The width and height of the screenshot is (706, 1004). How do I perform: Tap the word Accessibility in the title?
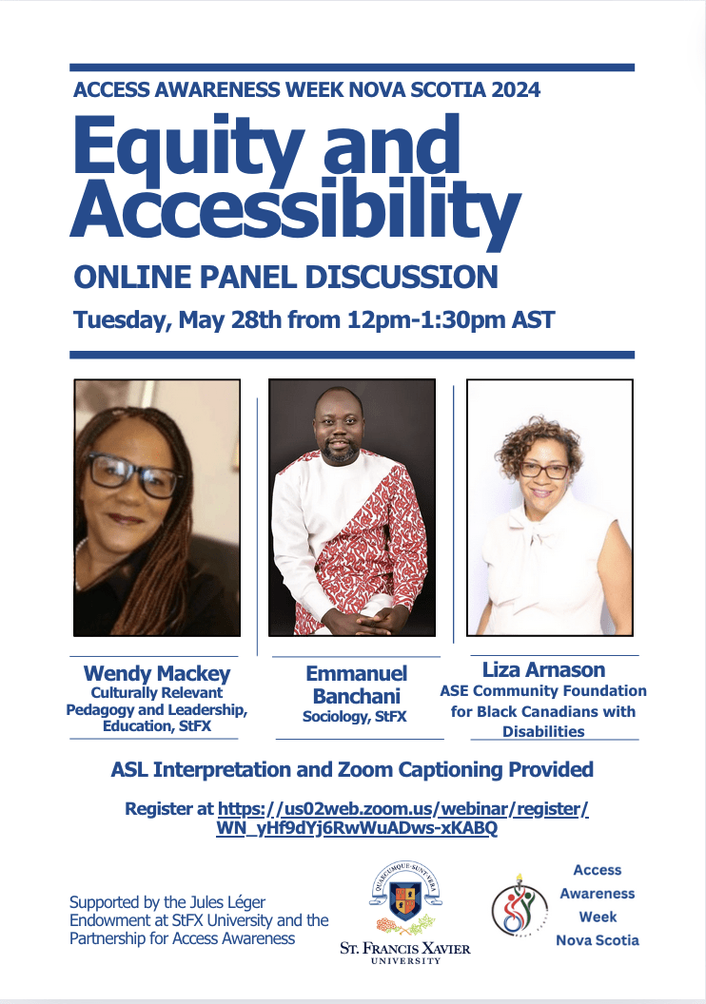pos(295,209)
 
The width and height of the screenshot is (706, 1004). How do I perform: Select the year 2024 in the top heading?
pos(516,89)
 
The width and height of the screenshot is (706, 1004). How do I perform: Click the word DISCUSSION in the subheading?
pos(401,278)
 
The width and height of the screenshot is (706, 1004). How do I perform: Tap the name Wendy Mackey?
pos(157,673)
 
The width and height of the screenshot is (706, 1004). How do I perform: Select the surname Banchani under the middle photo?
pos(356,696)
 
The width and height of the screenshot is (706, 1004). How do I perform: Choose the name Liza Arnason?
pos(544,669)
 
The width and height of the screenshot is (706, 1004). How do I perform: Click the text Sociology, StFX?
pos(354,717)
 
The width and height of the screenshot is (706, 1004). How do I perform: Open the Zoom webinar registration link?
pos(402,819)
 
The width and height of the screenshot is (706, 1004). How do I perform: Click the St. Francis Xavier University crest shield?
pos(405,898)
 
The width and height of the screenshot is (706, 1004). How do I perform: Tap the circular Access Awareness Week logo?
pos(520,905)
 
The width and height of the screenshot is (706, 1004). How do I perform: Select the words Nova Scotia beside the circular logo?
pos(598,940)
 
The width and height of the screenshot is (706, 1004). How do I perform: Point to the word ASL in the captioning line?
pos(129,769)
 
